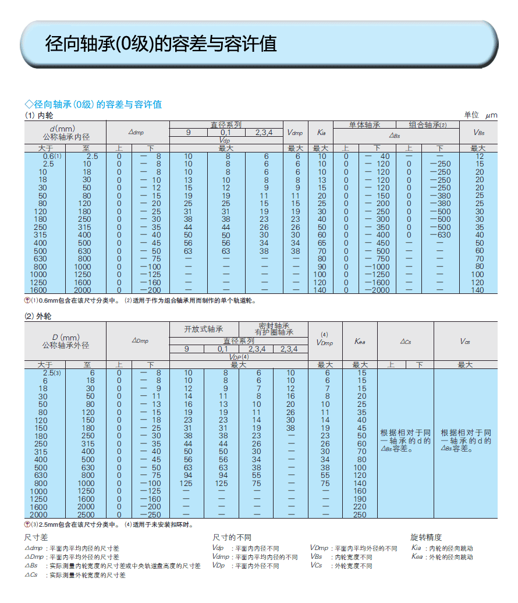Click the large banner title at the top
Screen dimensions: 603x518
(x=161, y=44)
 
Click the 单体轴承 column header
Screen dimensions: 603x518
(x=364, y=125)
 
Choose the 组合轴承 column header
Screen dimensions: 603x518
(x=427, y=125)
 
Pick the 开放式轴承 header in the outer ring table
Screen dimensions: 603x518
(x=204, y=329)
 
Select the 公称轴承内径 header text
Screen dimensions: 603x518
(x=66, y=137)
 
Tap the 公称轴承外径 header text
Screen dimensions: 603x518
(x=66, y=345)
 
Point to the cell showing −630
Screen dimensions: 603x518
(x=440, y=235)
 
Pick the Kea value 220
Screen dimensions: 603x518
(x=360, y=507)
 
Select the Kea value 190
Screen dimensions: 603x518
(x=360, y=499)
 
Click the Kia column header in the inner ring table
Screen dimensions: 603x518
(x=321, y=133)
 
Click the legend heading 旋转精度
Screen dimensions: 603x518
(x=426, y=537)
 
